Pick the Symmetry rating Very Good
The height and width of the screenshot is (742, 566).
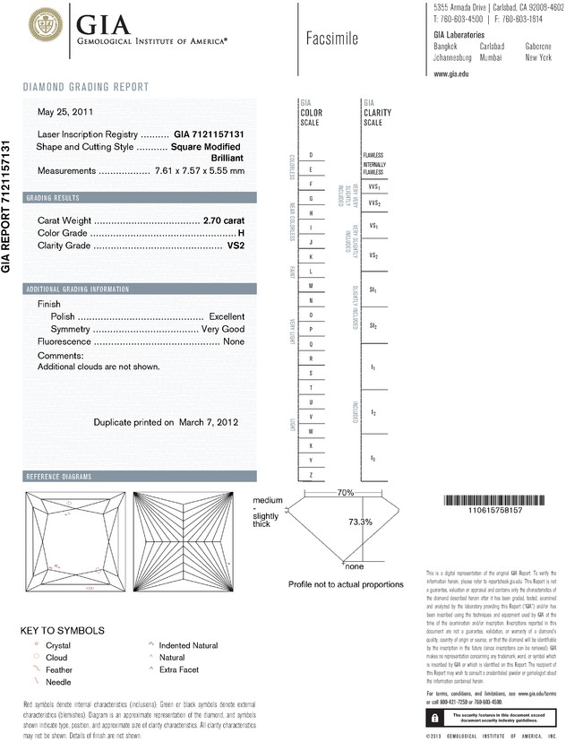[x=222, y=329]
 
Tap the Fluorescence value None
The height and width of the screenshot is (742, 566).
[x=234, y=342]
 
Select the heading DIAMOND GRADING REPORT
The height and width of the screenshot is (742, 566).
[x=86, y=87]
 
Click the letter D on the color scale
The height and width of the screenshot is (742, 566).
[x=310, y=155]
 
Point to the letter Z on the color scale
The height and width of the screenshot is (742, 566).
[x=310, y=473]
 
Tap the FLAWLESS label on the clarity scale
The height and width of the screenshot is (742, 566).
[x=373, y=155]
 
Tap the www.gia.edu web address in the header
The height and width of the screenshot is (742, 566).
[x=451, y=74]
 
